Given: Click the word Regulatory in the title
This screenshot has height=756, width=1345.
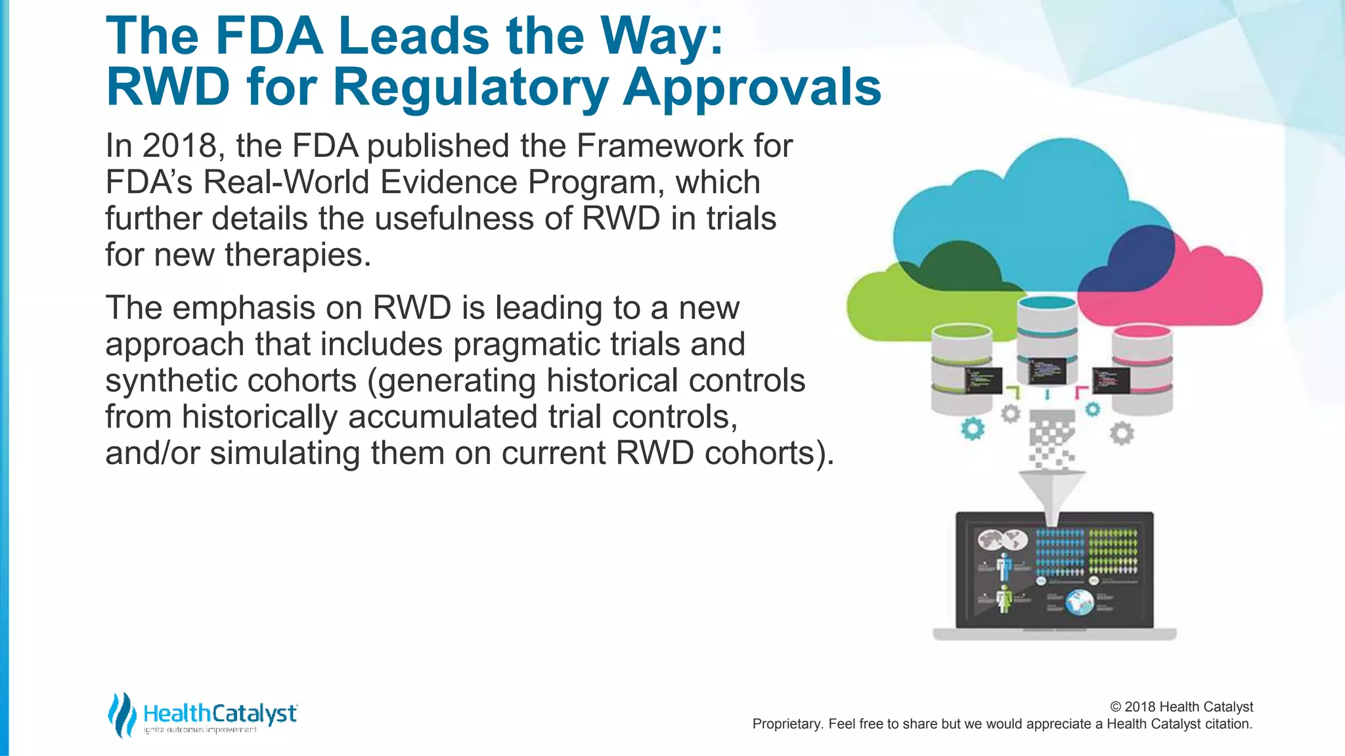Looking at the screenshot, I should (472, 88).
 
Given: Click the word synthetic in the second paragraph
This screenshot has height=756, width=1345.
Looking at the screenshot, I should (170, 381).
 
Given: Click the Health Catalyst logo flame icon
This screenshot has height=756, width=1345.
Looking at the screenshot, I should (121, 715).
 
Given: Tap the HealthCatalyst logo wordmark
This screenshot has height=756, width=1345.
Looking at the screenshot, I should (220, 713).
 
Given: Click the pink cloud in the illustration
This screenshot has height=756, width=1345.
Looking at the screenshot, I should (1215, 289).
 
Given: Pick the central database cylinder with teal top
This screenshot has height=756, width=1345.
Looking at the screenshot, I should (1047, 341).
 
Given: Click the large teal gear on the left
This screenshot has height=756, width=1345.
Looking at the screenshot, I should (973, 429).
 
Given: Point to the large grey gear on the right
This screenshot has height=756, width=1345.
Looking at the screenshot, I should (1122, 433).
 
